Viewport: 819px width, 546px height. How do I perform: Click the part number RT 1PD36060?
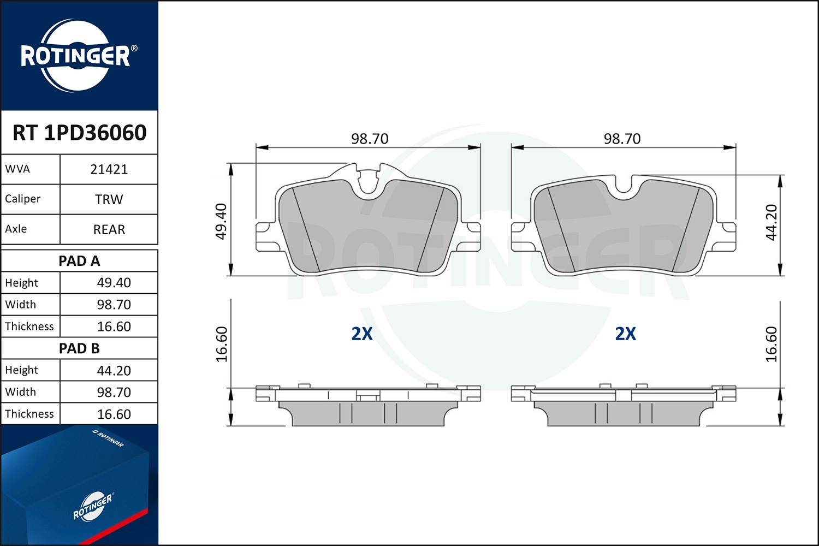coord(80,133)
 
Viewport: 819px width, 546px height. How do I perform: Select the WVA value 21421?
coord(109,169)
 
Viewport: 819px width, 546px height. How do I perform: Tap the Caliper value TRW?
coord(109,199)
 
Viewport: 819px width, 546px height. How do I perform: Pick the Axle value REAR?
coord(109,229)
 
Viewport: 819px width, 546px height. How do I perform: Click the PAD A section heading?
coord(79,261)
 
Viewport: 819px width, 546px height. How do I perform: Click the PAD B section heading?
coord(79,348)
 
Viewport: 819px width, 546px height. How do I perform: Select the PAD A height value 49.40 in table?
coord(114,283)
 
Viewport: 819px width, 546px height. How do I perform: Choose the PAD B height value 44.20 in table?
coord(114,371)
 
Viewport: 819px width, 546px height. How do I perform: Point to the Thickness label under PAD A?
coord(29,327)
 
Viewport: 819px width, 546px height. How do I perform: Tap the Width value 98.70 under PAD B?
coord(114,392)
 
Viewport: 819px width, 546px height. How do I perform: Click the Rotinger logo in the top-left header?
coord(76,56)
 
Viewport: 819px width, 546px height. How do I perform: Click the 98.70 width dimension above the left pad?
coord(370,139)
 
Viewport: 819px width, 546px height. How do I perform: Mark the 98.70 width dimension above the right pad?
coord(622,139)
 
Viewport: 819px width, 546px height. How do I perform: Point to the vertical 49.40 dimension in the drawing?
coord(221,221)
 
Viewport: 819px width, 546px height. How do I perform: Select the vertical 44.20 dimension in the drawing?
coord(771,222)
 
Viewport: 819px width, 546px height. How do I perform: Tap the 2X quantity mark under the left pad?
coord(362,334)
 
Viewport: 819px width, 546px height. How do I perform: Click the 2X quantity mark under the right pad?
coord(626,334)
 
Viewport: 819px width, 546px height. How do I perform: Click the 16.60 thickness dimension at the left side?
coord(221,344)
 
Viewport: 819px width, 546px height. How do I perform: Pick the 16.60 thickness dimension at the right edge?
coord(771,344)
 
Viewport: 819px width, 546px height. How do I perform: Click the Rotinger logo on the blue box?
coord(93,507)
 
